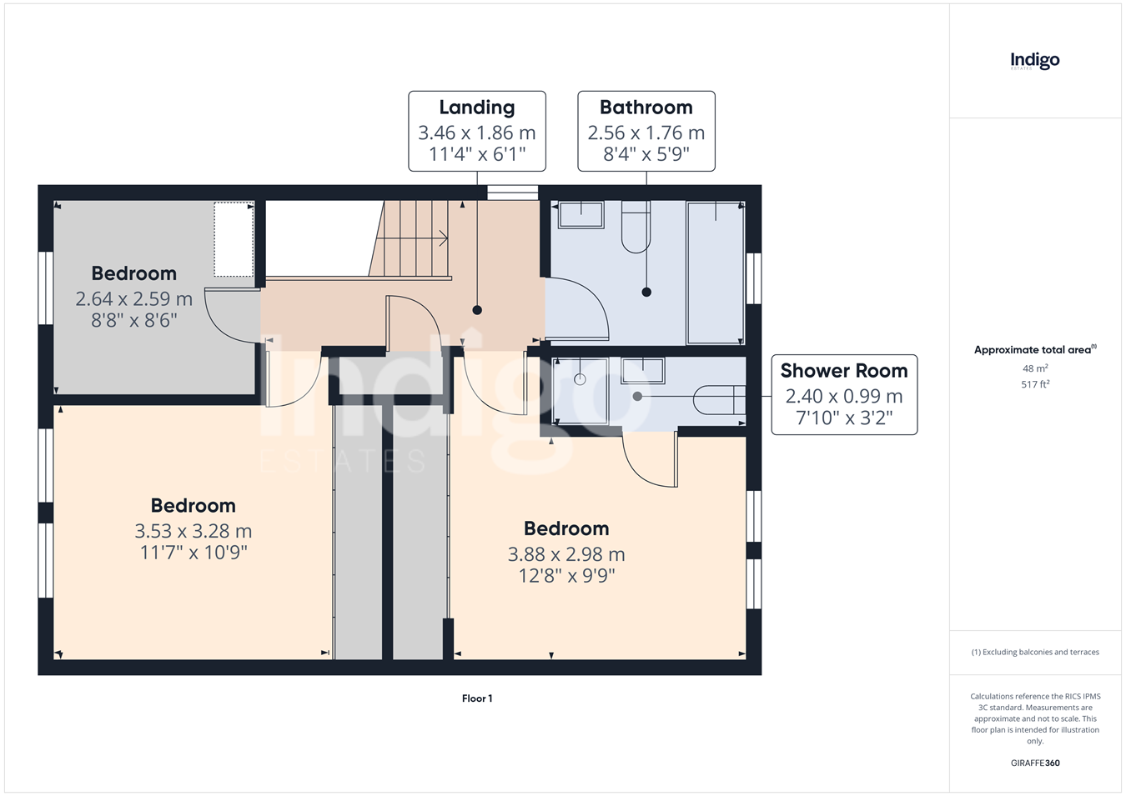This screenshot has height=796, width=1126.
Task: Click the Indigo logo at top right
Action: tap(1034, 62)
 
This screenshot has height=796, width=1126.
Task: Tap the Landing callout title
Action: tap(476, 108)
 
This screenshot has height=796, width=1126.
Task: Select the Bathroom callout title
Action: tap(646, 108)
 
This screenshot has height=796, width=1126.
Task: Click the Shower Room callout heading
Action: tap(844, 371)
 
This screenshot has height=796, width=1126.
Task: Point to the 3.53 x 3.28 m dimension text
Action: tap(193, 531)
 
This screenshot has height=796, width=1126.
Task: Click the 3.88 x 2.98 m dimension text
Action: tap(566, 554)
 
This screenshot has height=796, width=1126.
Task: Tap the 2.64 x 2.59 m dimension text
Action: tap(134, 299)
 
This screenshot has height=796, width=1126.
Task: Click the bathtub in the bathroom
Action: tap(716, 273)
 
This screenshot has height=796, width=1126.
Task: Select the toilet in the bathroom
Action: tap(636, 227)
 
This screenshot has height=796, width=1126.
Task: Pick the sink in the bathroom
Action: tap(581, 214)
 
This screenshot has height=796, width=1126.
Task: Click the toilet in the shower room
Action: tap(719, 400)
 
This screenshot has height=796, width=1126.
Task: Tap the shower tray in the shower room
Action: tap(580, 391)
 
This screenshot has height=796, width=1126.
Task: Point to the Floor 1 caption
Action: tap(477, 698)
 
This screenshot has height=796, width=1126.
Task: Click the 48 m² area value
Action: tap(1035, 368)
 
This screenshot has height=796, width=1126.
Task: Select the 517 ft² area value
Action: tap(1035, 384)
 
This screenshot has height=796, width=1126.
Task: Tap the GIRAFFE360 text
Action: tap(1035, 763)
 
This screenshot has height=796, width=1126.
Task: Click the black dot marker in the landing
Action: tap(477, 310)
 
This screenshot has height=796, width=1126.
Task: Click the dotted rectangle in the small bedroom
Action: tap(234, 239)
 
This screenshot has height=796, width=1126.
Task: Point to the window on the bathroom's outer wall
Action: tap(753, 278)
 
